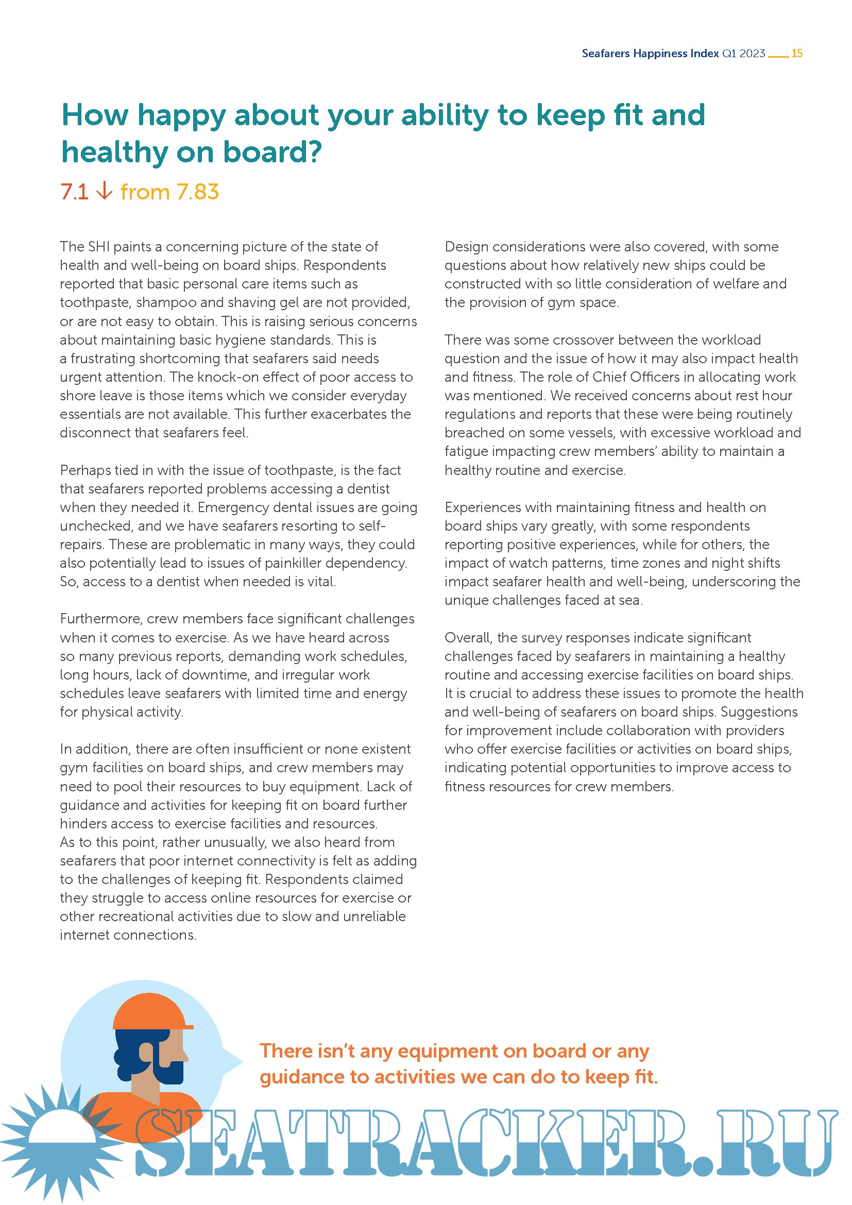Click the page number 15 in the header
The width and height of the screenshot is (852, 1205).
tap(796, 53)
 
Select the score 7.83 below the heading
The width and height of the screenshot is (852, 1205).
tap(197, 192)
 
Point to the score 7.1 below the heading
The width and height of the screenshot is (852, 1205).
tap(75, 192)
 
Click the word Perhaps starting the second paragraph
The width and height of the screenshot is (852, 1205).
tap(86, 470)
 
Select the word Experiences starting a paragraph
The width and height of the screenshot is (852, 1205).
tap(485, 507)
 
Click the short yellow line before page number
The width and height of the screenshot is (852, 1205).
tap(778, 56)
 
